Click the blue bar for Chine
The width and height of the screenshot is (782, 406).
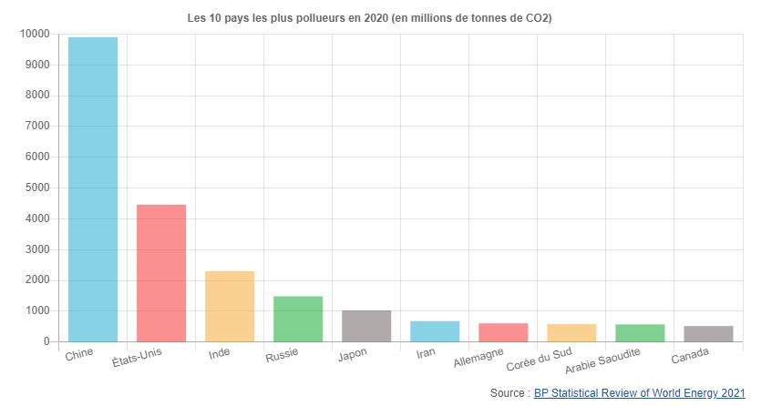pyautogui.click(x=93, y=189)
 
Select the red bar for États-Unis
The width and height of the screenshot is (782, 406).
pyautogui.click(x=161, y=273)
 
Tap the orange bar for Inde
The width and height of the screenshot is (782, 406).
pyautogui.click(x=230, y=306)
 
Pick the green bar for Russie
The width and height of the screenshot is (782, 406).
pyautogui.click(x=298, y=319)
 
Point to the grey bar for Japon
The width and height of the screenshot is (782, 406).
pyautogui.click(x=366, y=326)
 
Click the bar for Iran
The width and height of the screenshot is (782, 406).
pyautogui.click(x=435, y=331)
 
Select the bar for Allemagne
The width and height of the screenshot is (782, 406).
pyautogui.click(x=503, y=332)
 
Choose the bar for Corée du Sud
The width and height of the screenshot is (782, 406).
pyautogui.click(x=571, y=333)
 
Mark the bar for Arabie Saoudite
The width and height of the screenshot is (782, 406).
pyautogui.click(x=640, y=333)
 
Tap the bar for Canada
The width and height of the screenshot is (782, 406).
pyautogui.click(x=708, y=334)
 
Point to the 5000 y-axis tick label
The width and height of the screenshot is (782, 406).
pyautogui.click(x=36, y=188)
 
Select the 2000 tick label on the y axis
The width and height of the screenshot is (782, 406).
pyautogui.click(x=36, y=280)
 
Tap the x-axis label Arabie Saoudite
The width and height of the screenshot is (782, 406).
pyautogui.click(x=603, y=361)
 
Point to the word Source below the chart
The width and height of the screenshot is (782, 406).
pyautogui.click(x=507, y=393)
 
